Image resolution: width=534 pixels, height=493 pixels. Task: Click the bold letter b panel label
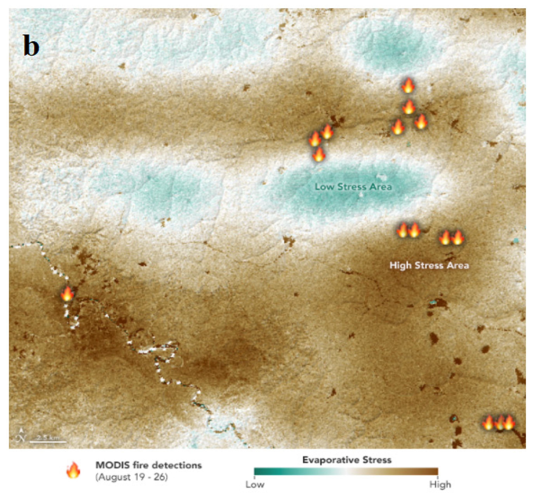coord(31,46)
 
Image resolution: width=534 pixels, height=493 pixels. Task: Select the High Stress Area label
coord(429,265)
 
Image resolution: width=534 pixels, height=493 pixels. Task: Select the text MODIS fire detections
coord(149,465)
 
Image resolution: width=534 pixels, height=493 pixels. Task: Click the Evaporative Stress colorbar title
coord(347,460)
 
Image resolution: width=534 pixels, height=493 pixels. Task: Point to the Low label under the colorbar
coord(255,484)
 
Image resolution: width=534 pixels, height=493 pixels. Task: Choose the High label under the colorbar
coord(440,484)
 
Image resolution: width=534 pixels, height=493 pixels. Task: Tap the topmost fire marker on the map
coord(408,86)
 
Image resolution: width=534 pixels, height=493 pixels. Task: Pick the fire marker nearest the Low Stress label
coord(318,155)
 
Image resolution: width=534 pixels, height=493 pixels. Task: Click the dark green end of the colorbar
coord(257,471)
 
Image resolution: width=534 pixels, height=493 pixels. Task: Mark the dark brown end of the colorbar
coord(435,471)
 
